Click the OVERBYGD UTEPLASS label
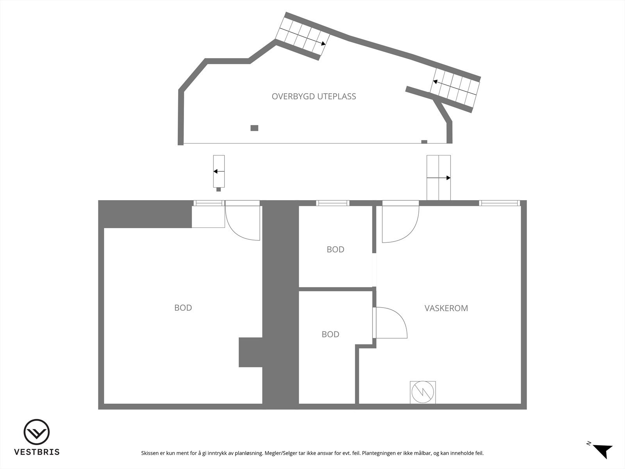(314, 96)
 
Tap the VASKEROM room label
(446, 308)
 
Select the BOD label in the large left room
(183, 308)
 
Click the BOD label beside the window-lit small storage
(335, 249)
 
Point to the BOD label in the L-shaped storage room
(330, 334)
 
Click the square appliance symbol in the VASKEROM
(423, 392)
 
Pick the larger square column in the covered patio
(254, 128)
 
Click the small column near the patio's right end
(424, 141)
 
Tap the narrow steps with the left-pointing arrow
(219, 171)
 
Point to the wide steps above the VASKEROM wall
(438, 177)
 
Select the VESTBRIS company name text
(37, 452)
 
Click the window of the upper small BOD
(332, 203)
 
